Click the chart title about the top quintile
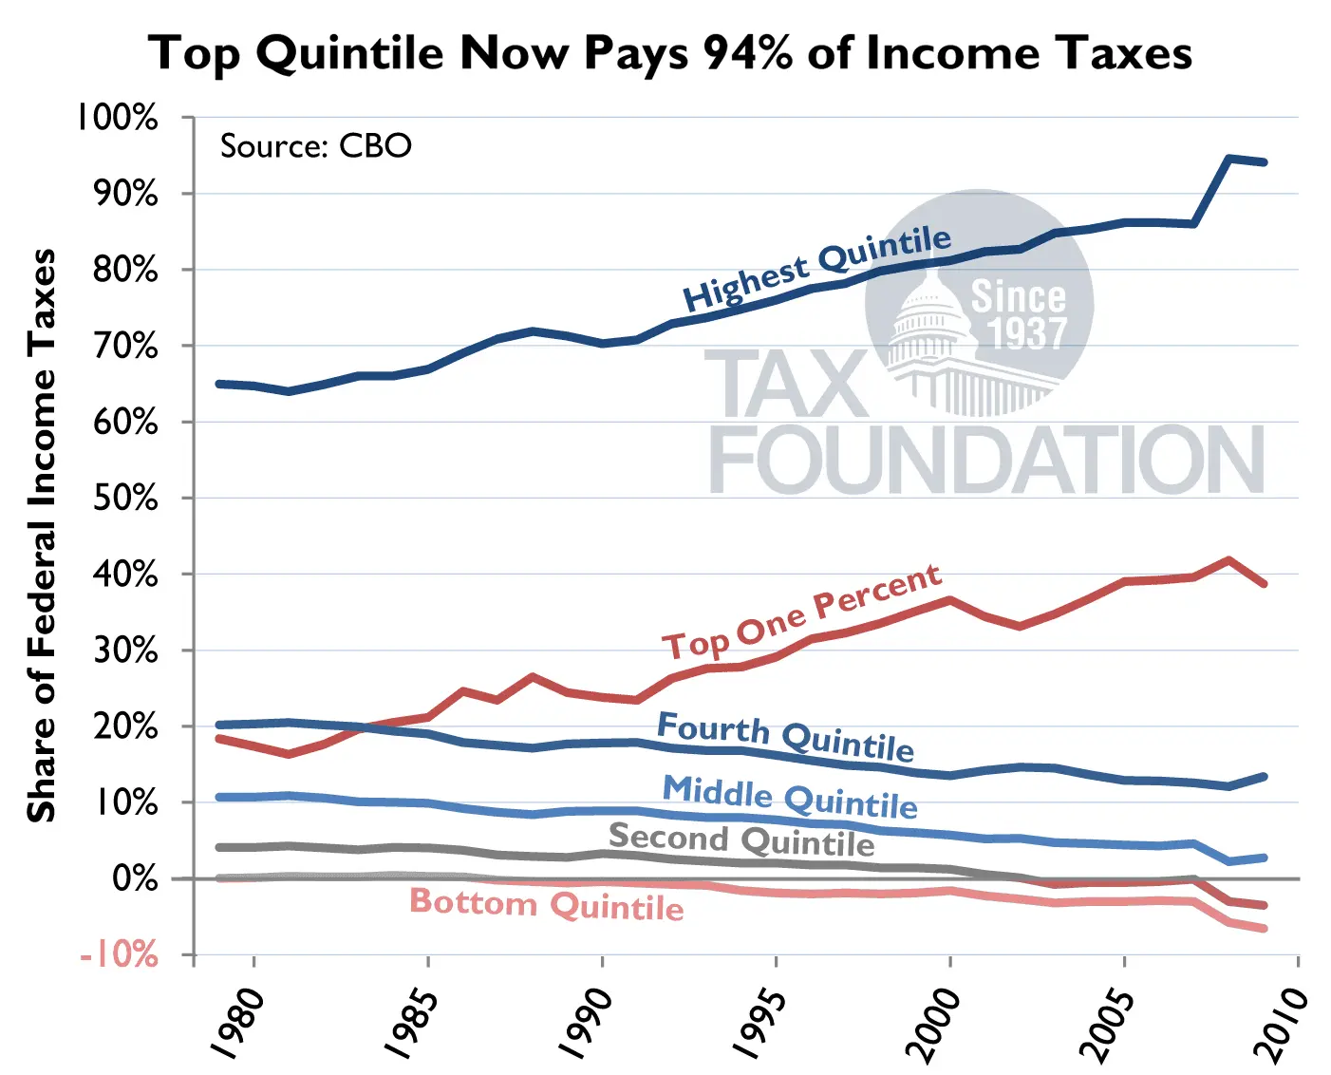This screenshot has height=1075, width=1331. pos(669,53)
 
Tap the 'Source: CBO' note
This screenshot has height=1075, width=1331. pos(315,146)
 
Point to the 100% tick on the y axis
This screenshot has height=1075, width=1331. pos(118,118)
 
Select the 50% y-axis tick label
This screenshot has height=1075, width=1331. pos(125,499)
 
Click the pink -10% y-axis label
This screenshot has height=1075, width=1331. pos(120,953)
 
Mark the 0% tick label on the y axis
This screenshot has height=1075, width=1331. pos(135,878)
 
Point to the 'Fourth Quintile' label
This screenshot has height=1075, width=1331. pos(785,736)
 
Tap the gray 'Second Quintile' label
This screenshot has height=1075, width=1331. pos(740,839)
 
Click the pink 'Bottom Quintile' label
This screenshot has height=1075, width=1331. pos(546,903)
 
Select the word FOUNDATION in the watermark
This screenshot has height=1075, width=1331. pos(986,460)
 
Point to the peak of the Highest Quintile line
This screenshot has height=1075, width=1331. pos(1229,159)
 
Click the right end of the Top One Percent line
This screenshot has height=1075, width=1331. pos(1264,583)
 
